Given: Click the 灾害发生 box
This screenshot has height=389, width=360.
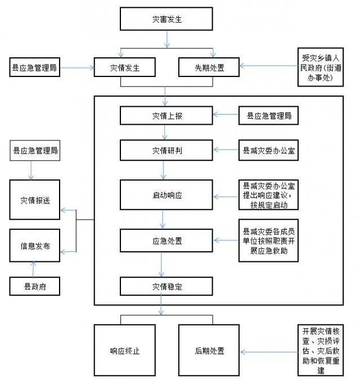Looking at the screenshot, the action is click(166, 19).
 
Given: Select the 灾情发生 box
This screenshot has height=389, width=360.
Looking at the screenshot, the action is click(125, 67).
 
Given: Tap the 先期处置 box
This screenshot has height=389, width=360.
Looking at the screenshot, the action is click(209, 67).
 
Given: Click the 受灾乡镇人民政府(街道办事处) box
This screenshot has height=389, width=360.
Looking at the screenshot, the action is click(321, 67).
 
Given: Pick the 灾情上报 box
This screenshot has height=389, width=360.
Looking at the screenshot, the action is click(166, 116).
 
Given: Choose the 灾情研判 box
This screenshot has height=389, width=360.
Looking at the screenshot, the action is click(166, 150).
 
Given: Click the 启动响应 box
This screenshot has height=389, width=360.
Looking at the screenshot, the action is click(166, 195).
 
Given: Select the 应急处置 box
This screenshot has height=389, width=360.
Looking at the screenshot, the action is click(166, 241).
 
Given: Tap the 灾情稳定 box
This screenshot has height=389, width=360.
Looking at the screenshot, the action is click(166, 286).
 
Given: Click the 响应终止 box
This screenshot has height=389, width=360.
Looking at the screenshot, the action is click(125, 350).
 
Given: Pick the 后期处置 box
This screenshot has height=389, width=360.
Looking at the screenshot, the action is click(209, 350).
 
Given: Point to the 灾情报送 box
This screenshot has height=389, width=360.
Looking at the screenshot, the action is click(35, 200).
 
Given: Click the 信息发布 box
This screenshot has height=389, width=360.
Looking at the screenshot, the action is click(35, 246).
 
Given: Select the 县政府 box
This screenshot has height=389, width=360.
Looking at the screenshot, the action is click(35, 286).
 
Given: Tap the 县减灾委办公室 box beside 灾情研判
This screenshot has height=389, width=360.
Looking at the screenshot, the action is click(268, 150).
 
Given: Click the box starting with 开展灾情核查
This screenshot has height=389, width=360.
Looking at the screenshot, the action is click(321, 350).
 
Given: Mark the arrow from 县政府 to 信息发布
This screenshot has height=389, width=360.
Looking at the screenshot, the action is click(33, 269).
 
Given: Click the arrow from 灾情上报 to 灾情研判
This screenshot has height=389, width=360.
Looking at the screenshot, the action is click(165, 132).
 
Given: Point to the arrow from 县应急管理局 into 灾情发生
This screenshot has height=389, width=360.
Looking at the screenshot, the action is click(77, 67).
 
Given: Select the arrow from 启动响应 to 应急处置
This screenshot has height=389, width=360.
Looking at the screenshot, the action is click(163, 219).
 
